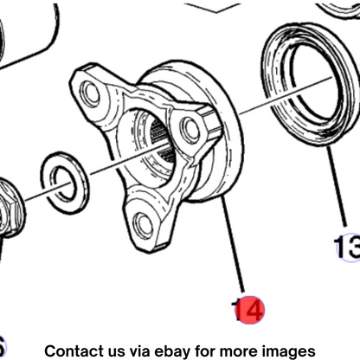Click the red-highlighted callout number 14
tap(249, 310)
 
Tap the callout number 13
tap(348, 247)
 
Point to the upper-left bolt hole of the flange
tap(90, 93)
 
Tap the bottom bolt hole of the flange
tap(143, 224)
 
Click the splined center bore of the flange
tap(158, 147)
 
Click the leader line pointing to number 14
tap(233, 244)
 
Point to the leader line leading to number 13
tap(337, 186)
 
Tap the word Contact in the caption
tap(74, 351)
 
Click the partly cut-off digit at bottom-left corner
tap(3, 345)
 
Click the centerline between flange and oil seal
tap(286, 94)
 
